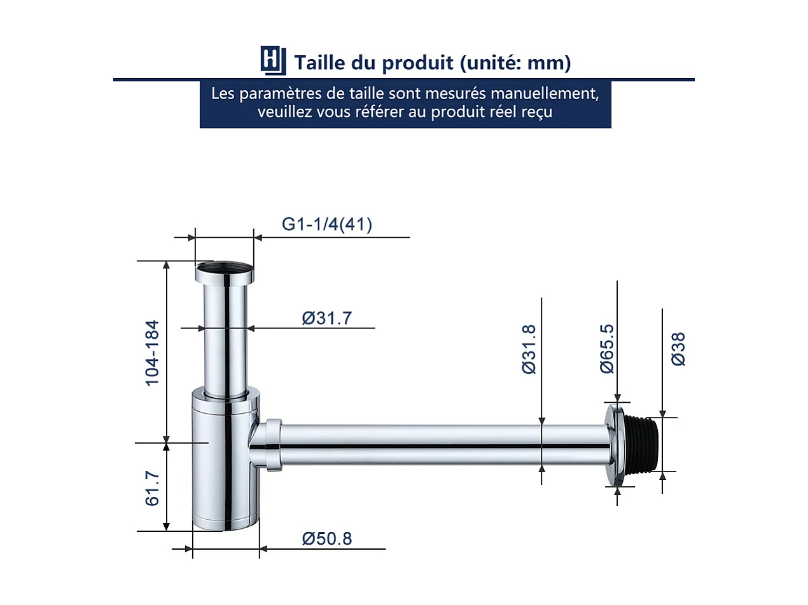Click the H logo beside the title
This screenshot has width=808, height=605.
[274, 62]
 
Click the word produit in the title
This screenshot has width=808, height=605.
[415, 63]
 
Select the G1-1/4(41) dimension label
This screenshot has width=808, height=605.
[327, 224]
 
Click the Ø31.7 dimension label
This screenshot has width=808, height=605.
[327, 318]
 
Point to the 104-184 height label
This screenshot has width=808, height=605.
[152, 352]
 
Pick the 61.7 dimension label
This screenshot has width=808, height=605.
[152, 488]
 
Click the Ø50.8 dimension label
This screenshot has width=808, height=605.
[327, 539]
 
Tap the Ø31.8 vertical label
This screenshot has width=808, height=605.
[529, 350]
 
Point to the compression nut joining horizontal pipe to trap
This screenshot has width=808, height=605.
[274, 445]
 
